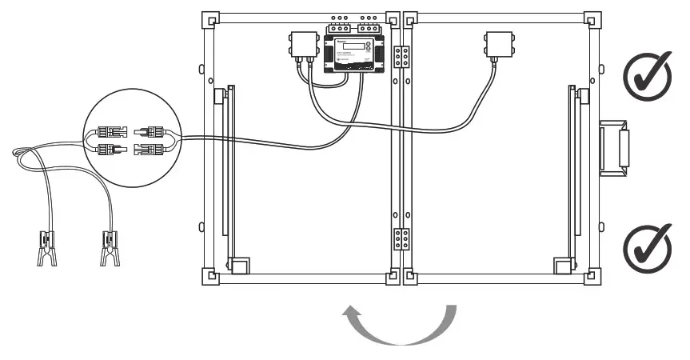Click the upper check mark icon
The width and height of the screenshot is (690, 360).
click(x=647, y=78)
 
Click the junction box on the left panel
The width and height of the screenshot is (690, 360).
click(x=303, y=47)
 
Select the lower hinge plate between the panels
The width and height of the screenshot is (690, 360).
click(x=401, y=241)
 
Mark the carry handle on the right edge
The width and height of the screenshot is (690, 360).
click(x=615, y=147)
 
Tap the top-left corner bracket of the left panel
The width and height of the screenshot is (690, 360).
click(x=210, y=20)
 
